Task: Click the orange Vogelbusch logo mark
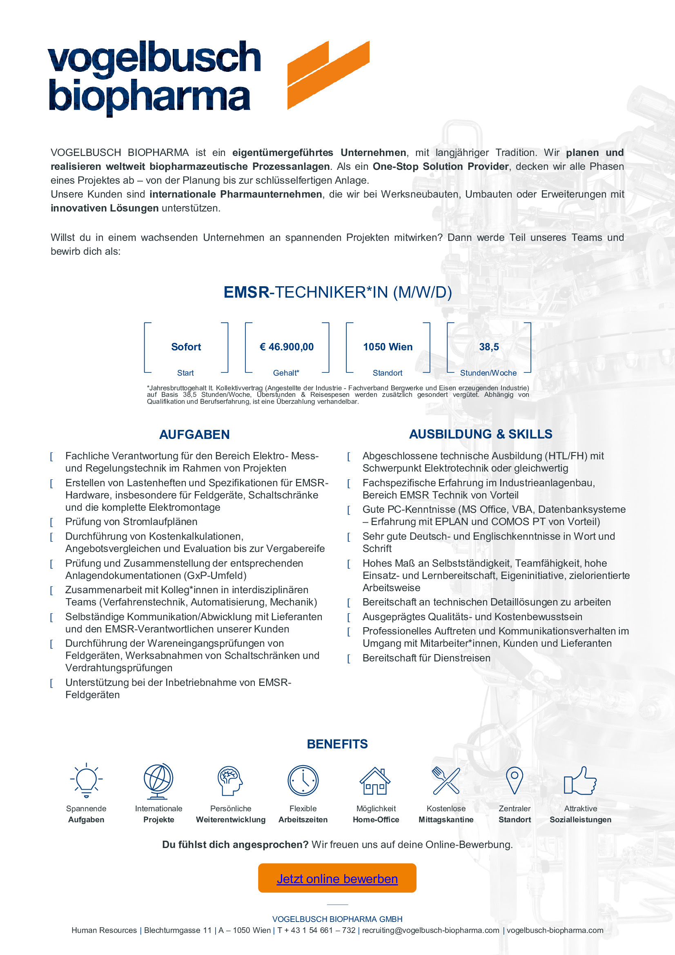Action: (x=328, y=75)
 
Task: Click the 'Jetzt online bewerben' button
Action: (x=337, y=879)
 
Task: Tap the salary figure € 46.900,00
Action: (x=287, y=347)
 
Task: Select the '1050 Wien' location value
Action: (x=388, y=347)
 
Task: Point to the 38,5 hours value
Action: (x=489, y=347)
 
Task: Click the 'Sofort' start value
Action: (x=186, y=347)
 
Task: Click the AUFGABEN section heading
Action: (x=194, y=434)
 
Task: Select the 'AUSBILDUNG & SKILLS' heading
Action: (x=480, y=434)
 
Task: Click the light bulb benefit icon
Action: (x=86, y=781)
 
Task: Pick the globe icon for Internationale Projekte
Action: (x=158, y=781)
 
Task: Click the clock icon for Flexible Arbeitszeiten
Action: (x=303, y=781)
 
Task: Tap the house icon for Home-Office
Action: (x=375, y=781)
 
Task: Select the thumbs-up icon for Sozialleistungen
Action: (x=580, y=781)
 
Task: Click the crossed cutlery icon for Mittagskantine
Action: (x=446, y=781)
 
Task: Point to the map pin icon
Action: (x=515, y=780)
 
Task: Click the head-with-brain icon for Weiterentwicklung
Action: (x=230, y=781)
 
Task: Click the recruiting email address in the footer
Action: (x=430, y=930)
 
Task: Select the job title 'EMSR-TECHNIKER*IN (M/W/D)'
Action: (x=337, y=292)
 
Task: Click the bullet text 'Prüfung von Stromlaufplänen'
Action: (x=131, y=521)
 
